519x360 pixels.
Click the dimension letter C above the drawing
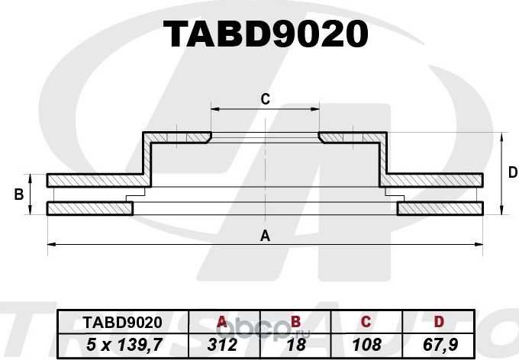266,98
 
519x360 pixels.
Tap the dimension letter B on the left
18,194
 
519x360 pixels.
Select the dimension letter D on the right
512,173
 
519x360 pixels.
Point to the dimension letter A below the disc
266,236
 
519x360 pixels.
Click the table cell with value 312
222,344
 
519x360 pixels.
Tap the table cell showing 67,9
439,344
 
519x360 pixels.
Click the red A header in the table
222,322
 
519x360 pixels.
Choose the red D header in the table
439,322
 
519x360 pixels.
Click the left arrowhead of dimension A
50,245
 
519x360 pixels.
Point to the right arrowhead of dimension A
481,245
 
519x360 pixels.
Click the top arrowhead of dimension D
501,136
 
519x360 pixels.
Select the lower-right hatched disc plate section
441,208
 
